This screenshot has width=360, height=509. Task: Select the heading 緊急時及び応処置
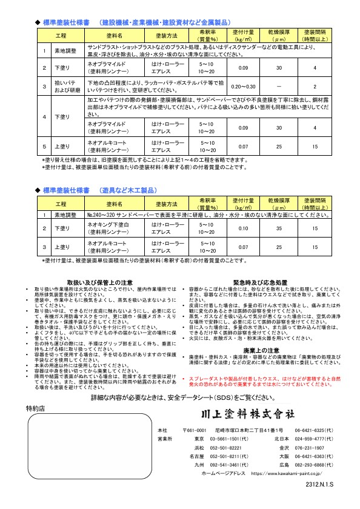tap(259, 283)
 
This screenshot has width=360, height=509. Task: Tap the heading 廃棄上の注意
tap(259, 350)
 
